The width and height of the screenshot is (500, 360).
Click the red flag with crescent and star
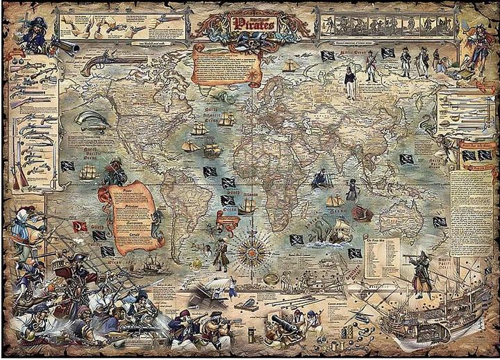81,227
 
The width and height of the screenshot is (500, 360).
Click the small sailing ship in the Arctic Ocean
290,65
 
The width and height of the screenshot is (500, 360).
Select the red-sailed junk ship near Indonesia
362,212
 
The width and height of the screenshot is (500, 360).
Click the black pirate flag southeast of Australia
439,222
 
